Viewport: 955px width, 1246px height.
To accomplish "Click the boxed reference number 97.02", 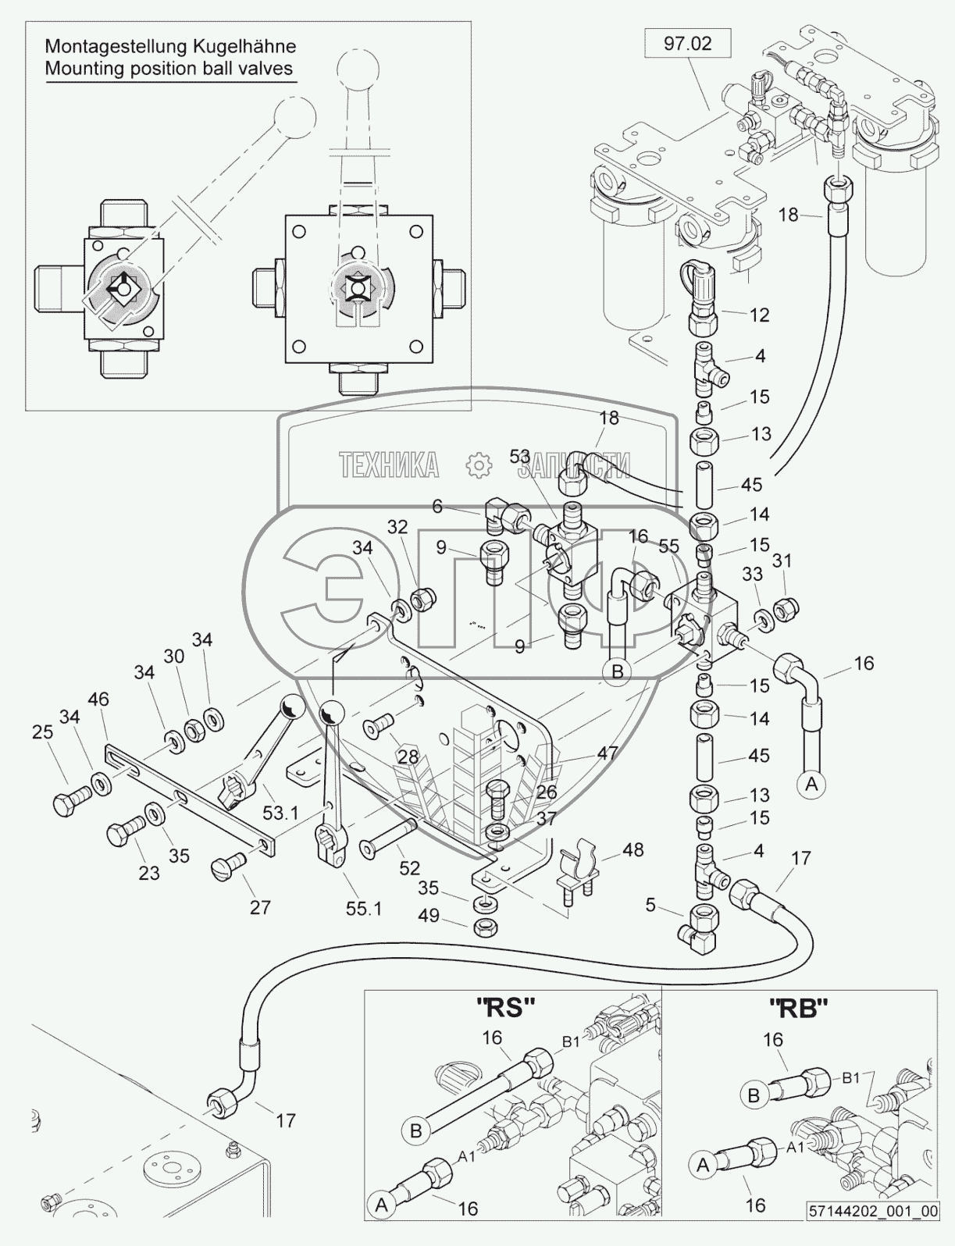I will pyautogui.click(x=688, y=44).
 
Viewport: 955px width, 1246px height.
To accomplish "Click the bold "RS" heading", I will pyautogui.click(x=505, y=1009).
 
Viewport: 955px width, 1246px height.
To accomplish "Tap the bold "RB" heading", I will pyautogui.click(x=803, y=1009).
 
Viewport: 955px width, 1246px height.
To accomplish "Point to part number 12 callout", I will pyautogui.click(x=759, y=315).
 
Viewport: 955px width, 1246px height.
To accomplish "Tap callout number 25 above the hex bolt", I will pyautogui.click(x=42, y=732).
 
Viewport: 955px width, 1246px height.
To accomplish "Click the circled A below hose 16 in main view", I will pyautogui.click(x=811, y=784).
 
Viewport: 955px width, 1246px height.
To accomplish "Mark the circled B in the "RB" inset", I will pyautogui.click(x=754, y=1096).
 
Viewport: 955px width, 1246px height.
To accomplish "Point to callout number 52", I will pyautogui.click(x=410, y=867).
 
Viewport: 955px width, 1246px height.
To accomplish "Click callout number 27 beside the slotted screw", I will pyautogui.click(x=260, y=906).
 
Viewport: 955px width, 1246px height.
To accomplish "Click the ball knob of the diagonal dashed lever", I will pyautogui.click(x=291, y=118).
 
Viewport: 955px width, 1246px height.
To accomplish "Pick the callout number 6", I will pyautogui.click(x=437, y=507).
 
